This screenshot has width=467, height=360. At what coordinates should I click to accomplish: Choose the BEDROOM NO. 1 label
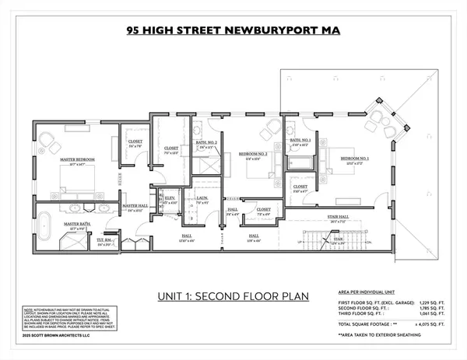pos(354,158)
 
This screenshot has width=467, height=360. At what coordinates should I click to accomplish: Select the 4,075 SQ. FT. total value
pos(423,322)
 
